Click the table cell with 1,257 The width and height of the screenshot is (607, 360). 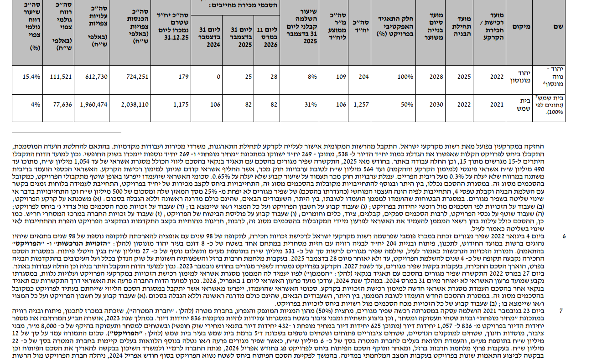(x=361, y=104)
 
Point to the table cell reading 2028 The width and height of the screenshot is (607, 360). (x=436, y=77)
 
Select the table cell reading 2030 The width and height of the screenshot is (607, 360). (x=436, y=104)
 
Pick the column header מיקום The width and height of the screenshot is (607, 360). (x=522, y=27)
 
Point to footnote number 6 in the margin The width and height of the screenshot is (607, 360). (x=564, y=237)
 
